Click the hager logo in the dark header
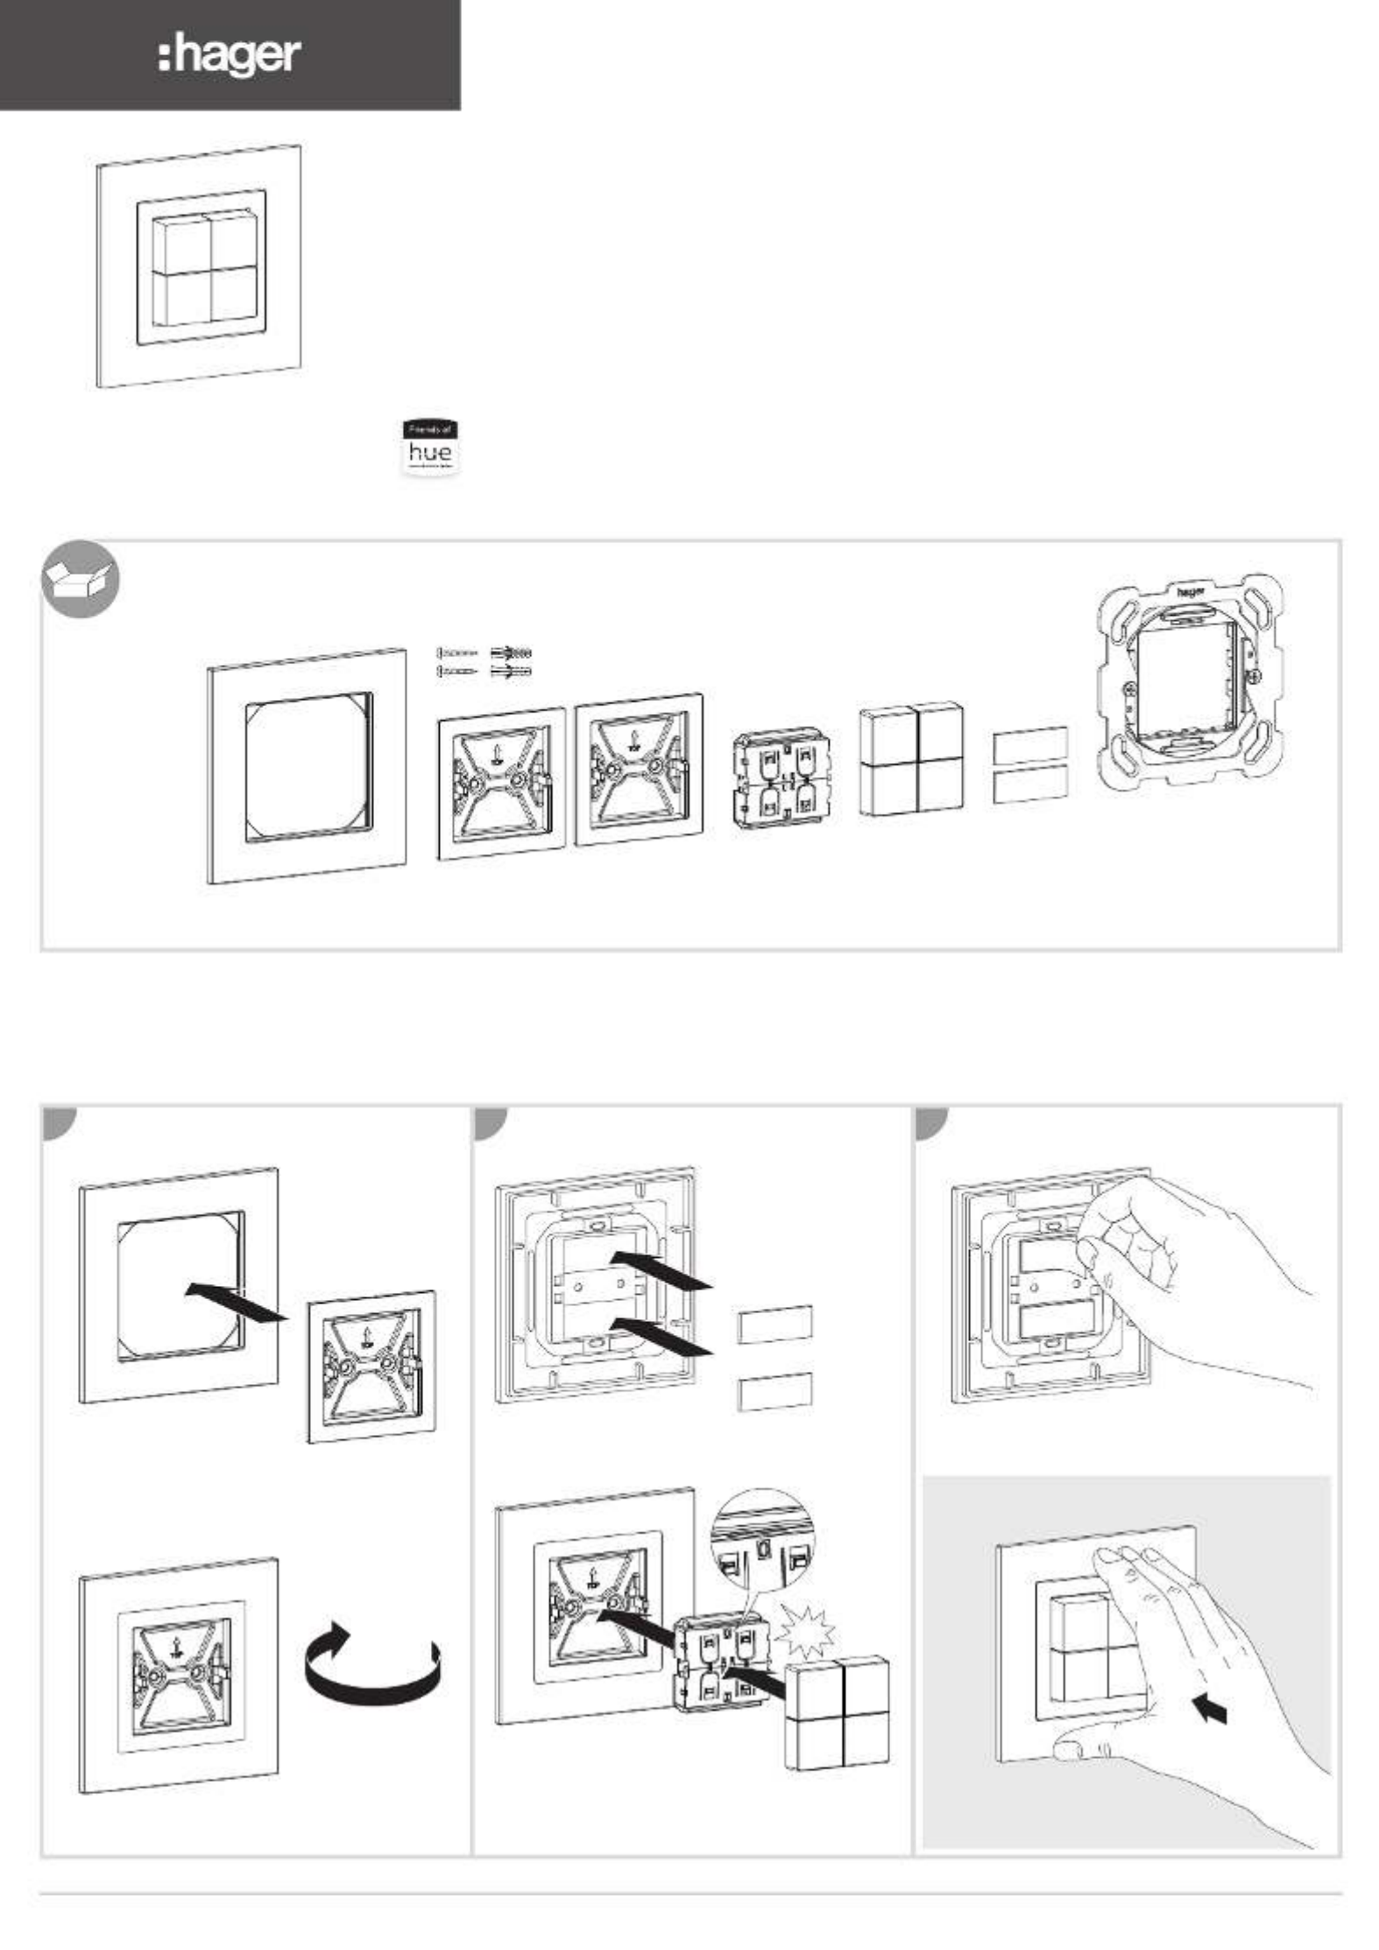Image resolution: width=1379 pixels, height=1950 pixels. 230,56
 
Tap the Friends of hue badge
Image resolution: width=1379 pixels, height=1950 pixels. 430,448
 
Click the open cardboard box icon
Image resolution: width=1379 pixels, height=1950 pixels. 81,579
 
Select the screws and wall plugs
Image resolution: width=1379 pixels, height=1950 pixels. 484,662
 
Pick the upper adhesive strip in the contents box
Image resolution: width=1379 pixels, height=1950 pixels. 1029,744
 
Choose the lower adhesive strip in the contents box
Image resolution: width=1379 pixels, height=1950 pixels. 1029,785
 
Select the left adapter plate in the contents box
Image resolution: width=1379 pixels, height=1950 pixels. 500,782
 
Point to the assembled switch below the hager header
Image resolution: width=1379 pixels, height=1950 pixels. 199,266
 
